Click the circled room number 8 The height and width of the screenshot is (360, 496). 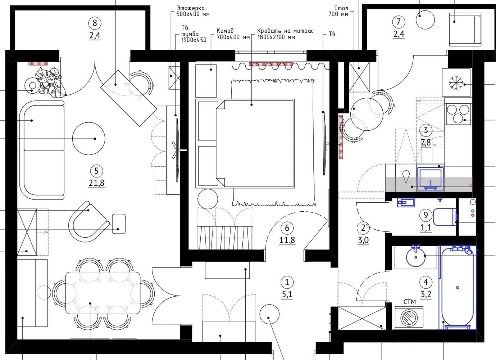(95, 23)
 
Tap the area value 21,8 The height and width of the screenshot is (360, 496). (96, 183)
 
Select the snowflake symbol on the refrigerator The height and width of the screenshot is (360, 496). (456, 83)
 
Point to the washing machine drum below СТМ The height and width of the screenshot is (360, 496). (409, 318)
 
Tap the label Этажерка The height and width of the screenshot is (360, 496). (190, 8)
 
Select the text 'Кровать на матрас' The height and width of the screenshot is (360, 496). (285, 31)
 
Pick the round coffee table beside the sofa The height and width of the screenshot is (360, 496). (88, 139)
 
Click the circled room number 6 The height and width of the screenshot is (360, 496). (287, 228)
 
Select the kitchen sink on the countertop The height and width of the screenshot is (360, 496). (431, 179)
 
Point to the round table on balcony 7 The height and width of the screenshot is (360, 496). (425, 20)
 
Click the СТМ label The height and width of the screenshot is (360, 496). (410, 302)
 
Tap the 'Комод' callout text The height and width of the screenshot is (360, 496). (225, 31)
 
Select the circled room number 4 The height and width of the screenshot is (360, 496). (426, 282)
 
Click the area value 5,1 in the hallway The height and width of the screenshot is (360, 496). (287, 294)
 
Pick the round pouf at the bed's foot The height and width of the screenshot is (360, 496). (208, 199)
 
